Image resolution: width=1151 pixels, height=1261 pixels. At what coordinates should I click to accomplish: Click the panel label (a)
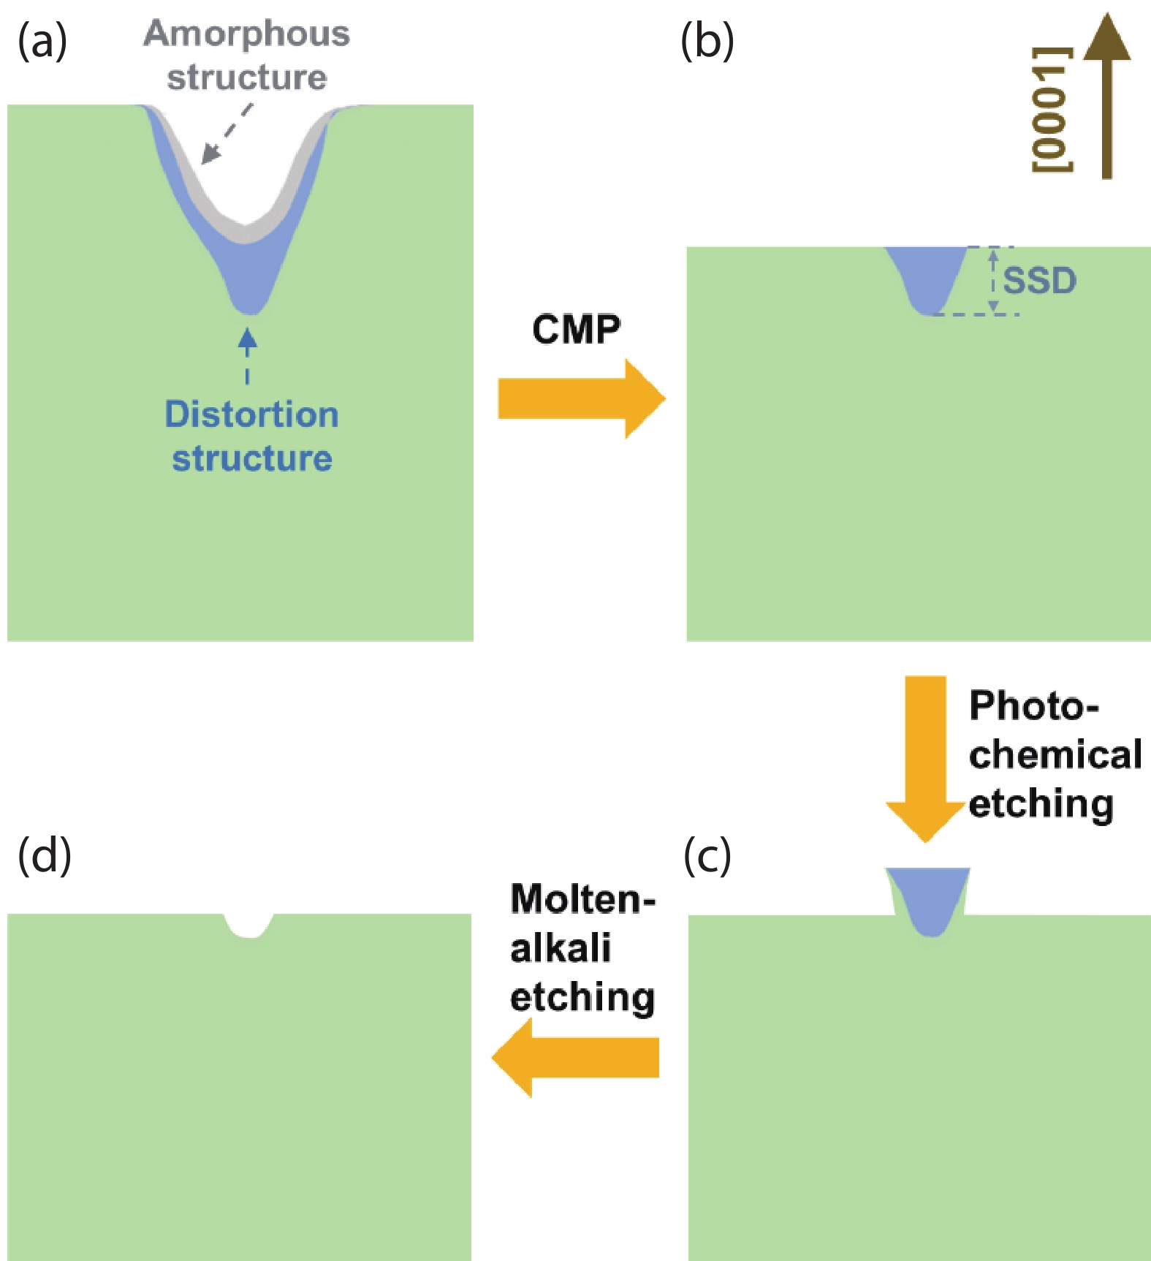(42, 42)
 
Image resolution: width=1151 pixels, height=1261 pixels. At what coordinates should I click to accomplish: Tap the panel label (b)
(707, 42)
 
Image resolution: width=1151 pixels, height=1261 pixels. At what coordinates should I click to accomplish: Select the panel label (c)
(707, 856)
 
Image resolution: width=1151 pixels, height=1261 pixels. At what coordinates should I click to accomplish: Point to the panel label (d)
(44, 855)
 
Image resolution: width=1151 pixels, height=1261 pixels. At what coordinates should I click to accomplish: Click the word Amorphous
(247, 34)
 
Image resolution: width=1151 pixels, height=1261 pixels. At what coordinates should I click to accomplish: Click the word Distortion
(251, 414)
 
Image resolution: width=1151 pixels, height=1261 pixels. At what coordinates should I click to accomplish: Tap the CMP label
(576, 330)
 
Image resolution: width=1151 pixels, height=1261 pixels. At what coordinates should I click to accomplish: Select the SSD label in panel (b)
(1039, 281)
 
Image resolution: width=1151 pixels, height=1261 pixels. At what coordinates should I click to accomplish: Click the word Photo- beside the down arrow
(1033, 706)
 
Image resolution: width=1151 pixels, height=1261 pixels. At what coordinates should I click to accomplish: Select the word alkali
(561, 948)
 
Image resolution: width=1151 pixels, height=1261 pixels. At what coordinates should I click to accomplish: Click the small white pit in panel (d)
(248, 925)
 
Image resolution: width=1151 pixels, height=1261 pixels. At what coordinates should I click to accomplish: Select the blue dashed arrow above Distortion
(248, 355)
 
